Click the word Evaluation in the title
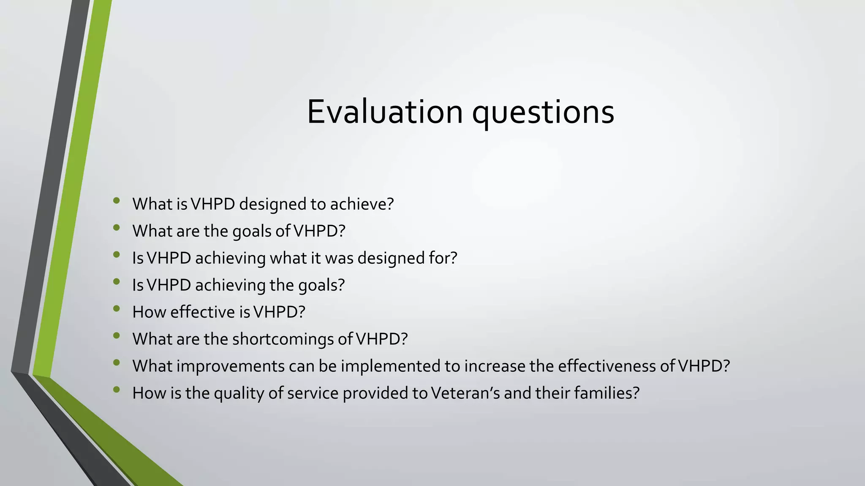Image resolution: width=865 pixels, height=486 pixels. (x=384, y=112)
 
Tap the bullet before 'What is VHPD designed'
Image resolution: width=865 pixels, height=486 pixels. (x=117, y=201)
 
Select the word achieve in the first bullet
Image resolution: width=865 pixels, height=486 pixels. (x=362, y=204)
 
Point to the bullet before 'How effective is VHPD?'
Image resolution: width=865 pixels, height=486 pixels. (x=117, y=309)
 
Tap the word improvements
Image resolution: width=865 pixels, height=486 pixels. (x=231, y=366)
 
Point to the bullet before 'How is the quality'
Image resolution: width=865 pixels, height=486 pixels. (x=117, y=390)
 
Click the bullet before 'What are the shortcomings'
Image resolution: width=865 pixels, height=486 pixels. (x=117, y=336)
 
